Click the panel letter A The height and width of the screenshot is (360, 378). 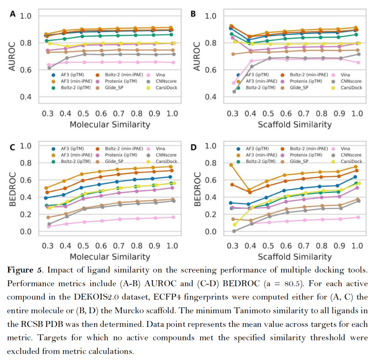click(13, 15)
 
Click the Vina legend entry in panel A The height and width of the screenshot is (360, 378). click(159, 75)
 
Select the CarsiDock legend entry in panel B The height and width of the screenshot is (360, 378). click(351, 87)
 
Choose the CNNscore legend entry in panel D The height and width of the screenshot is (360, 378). click(351, 155)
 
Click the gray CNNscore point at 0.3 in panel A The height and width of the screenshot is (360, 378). click(49, 68)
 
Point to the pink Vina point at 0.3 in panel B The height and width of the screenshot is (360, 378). click(234, 83)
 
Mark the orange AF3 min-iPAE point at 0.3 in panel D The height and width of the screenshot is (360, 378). click(231, 165)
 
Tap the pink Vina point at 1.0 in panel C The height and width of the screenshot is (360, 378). click(172, 217)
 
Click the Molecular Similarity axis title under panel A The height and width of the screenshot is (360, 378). click(110, 125)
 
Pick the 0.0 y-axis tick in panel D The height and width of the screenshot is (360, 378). click(211, 232)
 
